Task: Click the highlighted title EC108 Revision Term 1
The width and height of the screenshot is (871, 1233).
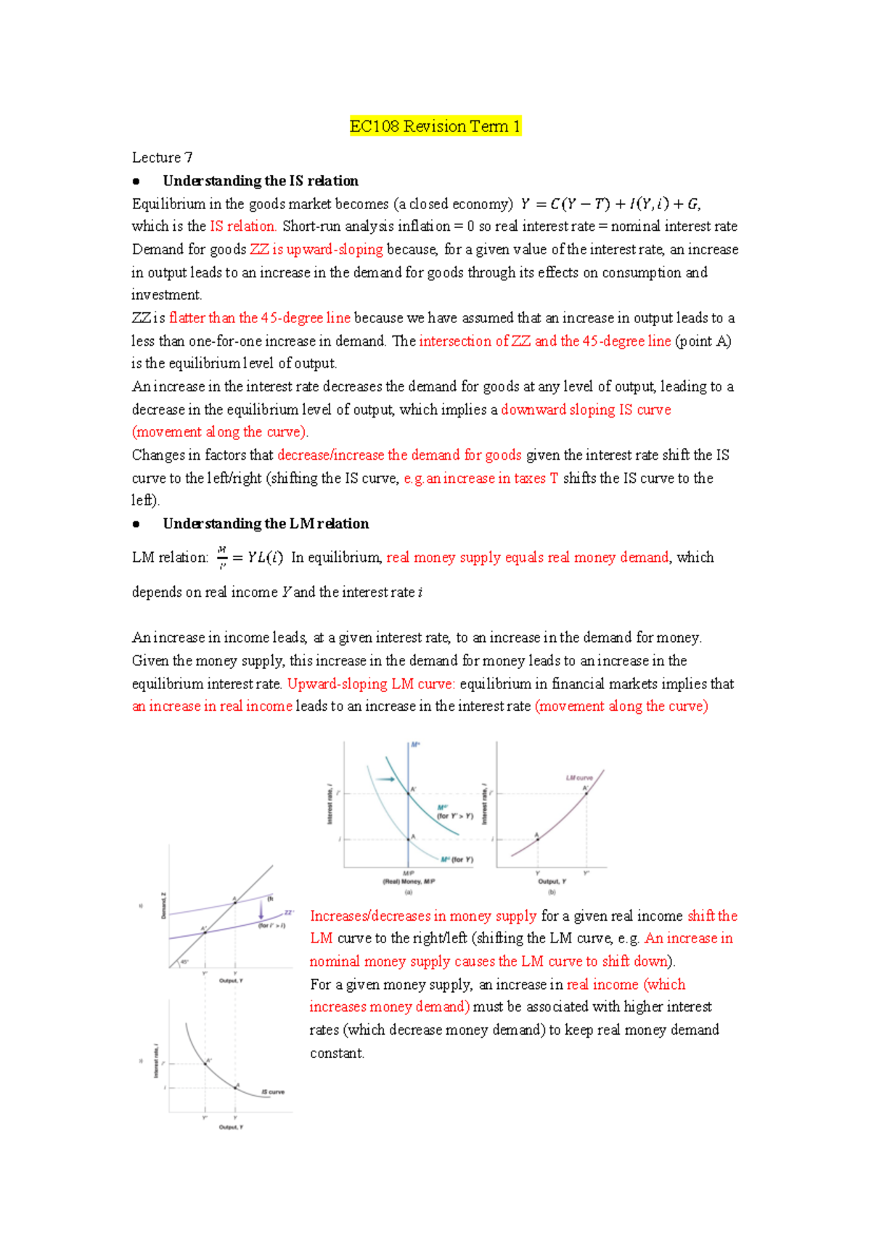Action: pos(435,126)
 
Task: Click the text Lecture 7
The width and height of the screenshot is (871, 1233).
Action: pos(162,158)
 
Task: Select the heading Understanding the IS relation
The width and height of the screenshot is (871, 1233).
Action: pos(261,181)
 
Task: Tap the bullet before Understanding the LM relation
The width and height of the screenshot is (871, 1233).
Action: pos(136,524)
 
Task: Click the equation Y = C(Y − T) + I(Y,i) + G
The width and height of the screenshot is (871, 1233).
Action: pos(610,204)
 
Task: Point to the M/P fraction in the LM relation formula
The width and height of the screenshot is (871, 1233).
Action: pos(222,558)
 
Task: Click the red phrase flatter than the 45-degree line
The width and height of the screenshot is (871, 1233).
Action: pos(260,318)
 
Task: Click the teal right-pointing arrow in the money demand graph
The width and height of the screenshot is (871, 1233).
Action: pos(385,779)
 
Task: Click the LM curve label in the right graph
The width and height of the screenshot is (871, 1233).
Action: pos(579,778)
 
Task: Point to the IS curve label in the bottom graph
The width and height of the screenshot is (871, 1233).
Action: pos(273,1091)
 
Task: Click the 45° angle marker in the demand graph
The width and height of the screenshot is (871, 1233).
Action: pos(184,962)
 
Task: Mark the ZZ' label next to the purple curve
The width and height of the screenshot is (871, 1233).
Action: pos(288,913)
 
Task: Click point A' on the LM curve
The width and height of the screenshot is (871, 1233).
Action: pos(586,793)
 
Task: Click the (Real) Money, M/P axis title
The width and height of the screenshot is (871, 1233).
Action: pos(409,882)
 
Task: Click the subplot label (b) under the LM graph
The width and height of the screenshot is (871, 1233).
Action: pos(552,891)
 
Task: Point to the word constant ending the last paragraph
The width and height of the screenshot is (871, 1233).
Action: pos(336,1054)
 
